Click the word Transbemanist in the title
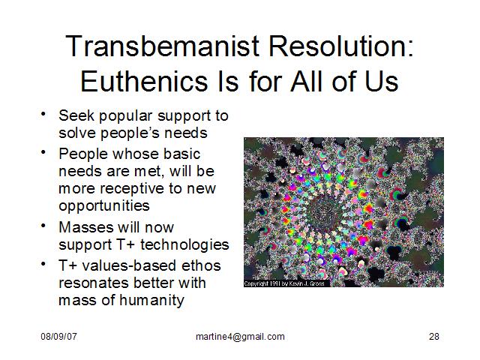click(x=162, y=46)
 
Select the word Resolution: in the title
click(x=341, y=46)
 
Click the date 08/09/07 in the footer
click(x=58, y=337)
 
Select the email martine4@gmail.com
click(x=240, y=337)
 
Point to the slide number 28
click(x=434, y=337)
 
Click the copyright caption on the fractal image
click(x=284, y=283)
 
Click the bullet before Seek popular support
click(x=43, y=114)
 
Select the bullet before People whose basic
click(x=43, y=152)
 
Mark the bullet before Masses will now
click(x=43, y=226)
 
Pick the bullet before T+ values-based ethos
click(x=43, y=264)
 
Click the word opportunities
click(x=104, y=206)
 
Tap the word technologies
click(x=184, y=244)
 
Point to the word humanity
click(x=151, y=300)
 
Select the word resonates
click(x=93, y=283)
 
